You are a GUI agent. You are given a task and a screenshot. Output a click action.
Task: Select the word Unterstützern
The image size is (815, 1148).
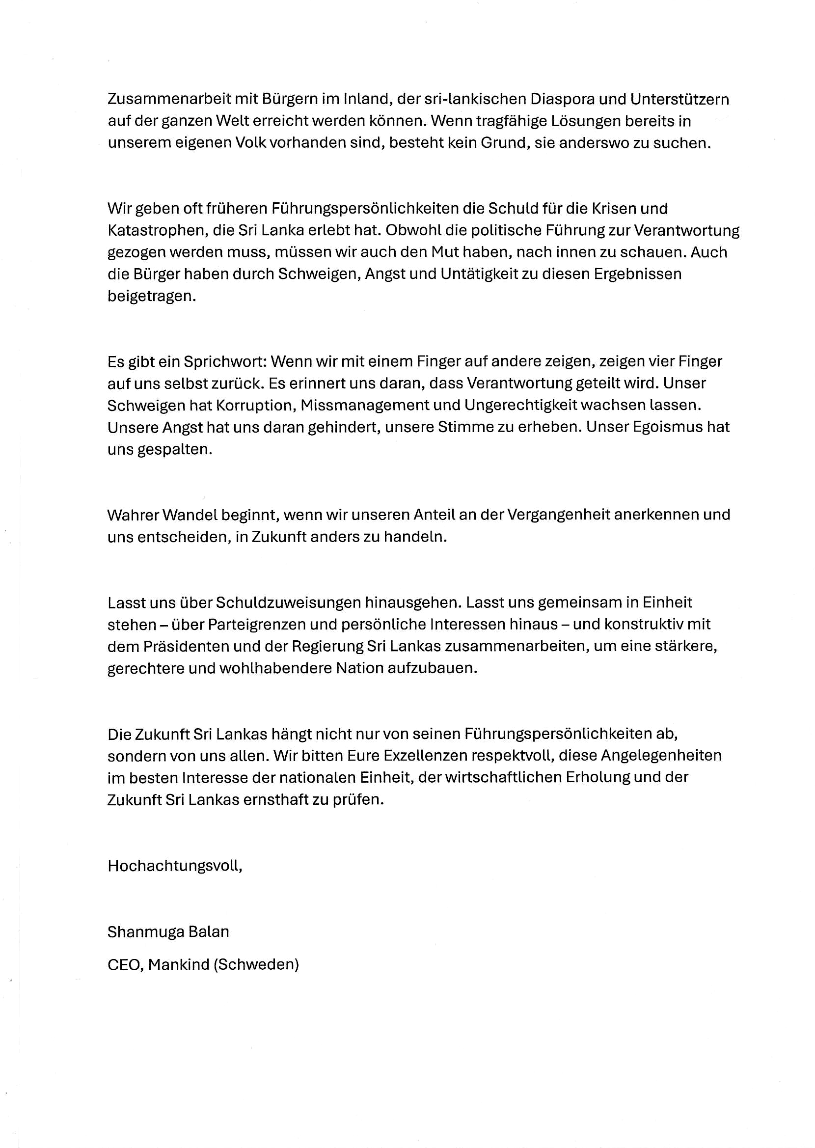point(679,99)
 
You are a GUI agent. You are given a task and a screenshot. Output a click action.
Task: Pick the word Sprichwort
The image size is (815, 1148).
point(227,361)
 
